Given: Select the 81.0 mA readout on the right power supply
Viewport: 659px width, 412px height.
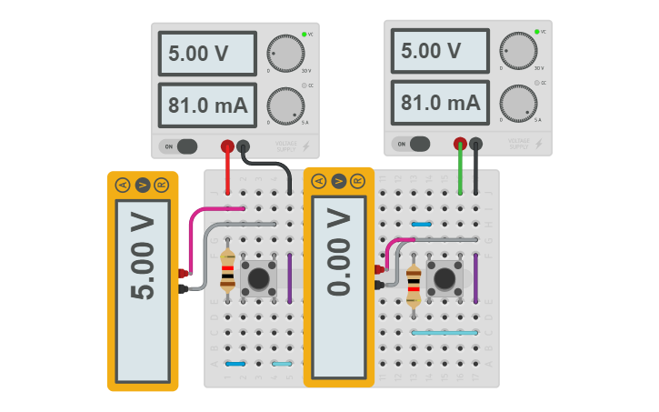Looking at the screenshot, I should pos(439,102).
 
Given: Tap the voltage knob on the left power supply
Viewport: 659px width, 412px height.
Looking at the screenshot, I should pos(286,54).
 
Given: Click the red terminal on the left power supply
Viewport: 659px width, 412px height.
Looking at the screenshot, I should pos(227,146).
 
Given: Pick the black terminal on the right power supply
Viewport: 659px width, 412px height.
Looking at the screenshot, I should pos(475,143).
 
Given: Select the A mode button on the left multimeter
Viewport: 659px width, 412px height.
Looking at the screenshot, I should pos(123,186).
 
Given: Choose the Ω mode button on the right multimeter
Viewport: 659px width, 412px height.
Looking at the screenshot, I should pos(358,181).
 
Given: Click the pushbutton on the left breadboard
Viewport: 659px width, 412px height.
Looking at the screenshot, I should pos(261,278).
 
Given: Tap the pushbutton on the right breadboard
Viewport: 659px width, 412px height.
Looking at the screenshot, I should pos(445,277).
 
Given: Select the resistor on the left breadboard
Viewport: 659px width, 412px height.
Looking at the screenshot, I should pos(228,270).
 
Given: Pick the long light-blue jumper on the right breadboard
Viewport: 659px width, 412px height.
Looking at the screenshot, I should pos(444,333).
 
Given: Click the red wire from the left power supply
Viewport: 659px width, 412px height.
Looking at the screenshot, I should pos(227,173).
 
